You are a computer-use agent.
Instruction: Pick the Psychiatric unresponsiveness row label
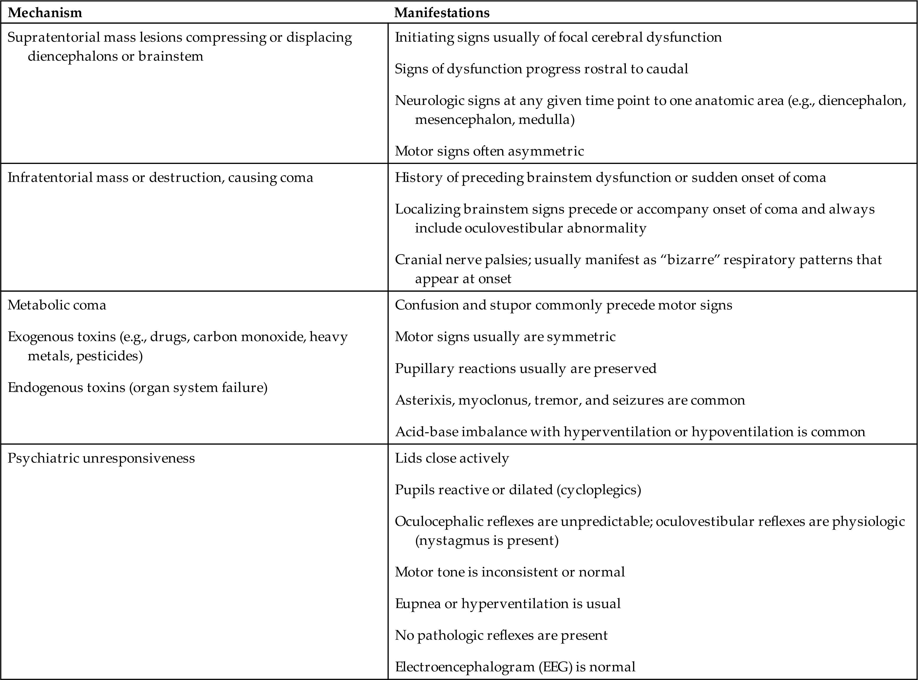pyautogui.click(x=101, y=458)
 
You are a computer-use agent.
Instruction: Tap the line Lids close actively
pyautogui.click(x=452, y=458)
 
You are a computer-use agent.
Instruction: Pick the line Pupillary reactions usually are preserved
pyautogui.click(x=526, y=368)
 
